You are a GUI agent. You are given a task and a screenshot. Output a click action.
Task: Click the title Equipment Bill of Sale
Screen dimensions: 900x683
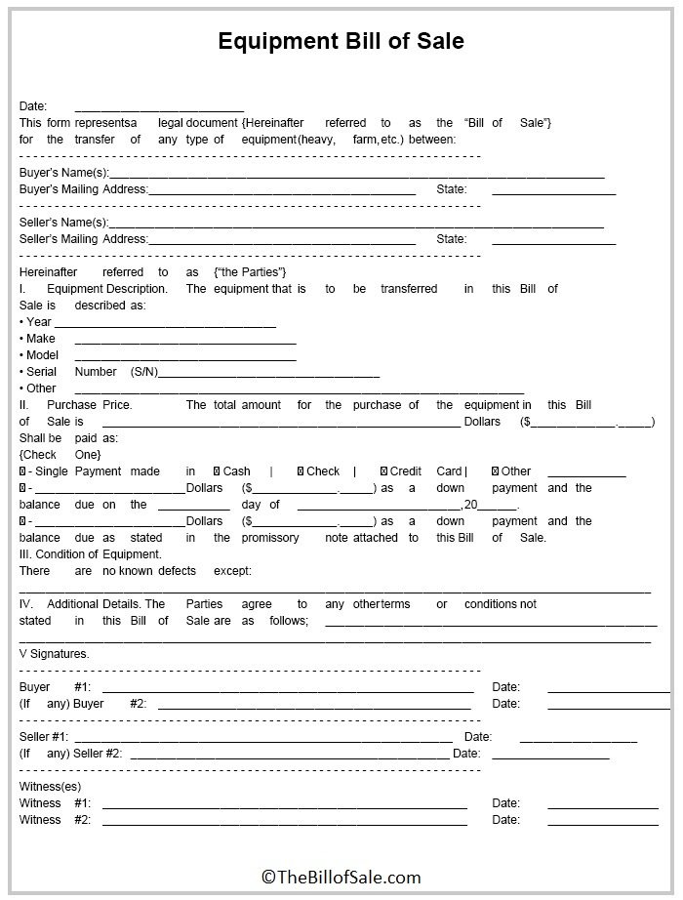[341, 41]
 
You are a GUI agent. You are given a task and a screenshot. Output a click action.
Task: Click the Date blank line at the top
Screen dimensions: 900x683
[159, 107]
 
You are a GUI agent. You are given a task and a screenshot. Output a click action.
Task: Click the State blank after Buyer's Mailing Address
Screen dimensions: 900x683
[553, 190]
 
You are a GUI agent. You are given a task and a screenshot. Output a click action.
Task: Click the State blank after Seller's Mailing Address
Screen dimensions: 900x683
[553, 240]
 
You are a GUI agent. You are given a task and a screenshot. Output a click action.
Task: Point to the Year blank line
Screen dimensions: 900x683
[165, 323]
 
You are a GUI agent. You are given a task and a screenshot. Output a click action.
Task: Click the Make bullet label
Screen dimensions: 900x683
[39, 339]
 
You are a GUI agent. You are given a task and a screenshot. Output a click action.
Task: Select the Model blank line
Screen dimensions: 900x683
[184, 356]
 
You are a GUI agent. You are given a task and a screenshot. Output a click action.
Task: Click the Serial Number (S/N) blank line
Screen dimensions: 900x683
[268, 373]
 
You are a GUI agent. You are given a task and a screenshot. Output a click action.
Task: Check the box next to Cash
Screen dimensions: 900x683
[217, 471]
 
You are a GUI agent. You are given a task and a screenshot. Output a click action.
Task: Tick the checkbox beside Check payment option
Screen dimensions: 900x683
[300, 471]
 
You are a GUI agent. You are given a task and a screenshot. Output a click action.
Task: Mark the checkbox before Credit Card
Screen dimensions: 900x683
[383, 471]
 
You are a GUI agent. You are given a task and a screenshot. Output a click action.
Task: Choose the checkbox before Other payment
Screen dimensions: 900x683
[495, 471]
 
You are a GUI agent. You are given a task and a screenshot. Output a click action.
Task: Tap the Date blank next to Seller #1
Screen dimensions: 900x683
[578, 738]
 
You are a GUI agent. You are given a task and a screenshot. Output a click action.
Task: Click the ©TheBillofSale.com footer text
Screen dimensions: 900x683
[341, 878]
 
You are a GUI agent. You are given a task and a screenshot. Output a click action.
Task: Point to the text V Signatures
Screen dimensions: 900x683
[54, 654]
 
